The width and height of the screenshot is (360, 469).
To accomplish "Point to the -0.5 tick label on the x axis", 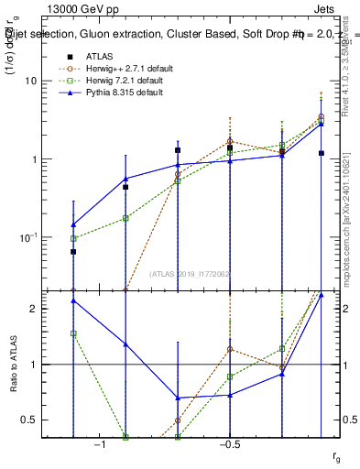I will click(229, 444).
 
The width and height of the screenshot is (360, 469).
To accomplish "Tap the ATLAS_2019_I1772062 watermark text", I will click(191, 274).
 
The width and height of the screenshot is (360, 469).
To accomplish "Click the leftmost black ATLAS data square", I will click(73, 251).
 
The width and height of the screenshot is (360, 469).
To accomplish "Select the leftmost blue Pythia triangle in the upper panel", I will click(73, 224).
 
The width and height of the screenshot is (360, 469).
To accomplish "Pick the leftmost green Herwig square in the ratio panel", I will click(73, 333).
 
